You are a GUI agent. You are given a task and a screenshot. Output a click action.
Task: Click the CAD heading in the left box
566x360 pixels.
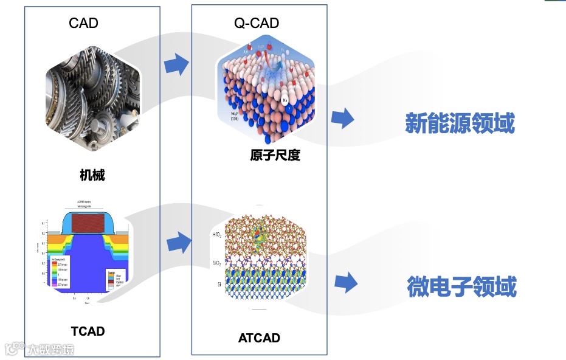tap(84, 23)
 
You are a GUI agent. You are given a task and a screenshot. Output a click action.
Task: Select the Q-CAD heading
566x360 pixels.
tap(257, 23)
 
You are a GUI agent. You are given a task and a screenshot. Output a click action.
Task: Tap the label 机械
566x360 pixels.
tap(92, 175)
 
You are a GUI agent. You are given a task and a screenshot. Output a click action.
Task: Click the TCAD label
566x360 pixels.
tap(88, 331)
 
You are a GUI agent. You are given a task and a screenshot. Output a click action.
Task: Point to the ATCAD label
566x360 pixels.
tap(259, 338)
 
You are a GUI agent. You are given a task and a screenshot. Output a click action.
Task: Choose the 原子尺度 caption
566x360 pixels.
tap(275, 155)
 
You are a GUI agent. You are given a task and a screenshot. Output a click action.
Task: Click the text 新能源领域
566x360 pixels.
tap(460, 123)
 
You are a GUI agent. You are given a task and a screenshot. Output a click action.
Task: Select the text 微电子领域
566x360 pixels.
tap(462, 286)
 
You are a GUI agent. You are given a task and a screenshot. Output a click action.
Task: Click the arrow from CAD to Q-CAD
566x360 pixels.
tap(177, 64)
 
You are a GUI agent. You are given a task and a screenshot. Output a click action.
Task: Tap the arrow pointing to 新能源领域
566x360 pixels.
tap(343, 118)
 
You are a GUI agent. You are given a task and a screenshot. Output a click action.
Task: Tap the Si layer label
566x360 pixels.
tap(218, 284)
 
